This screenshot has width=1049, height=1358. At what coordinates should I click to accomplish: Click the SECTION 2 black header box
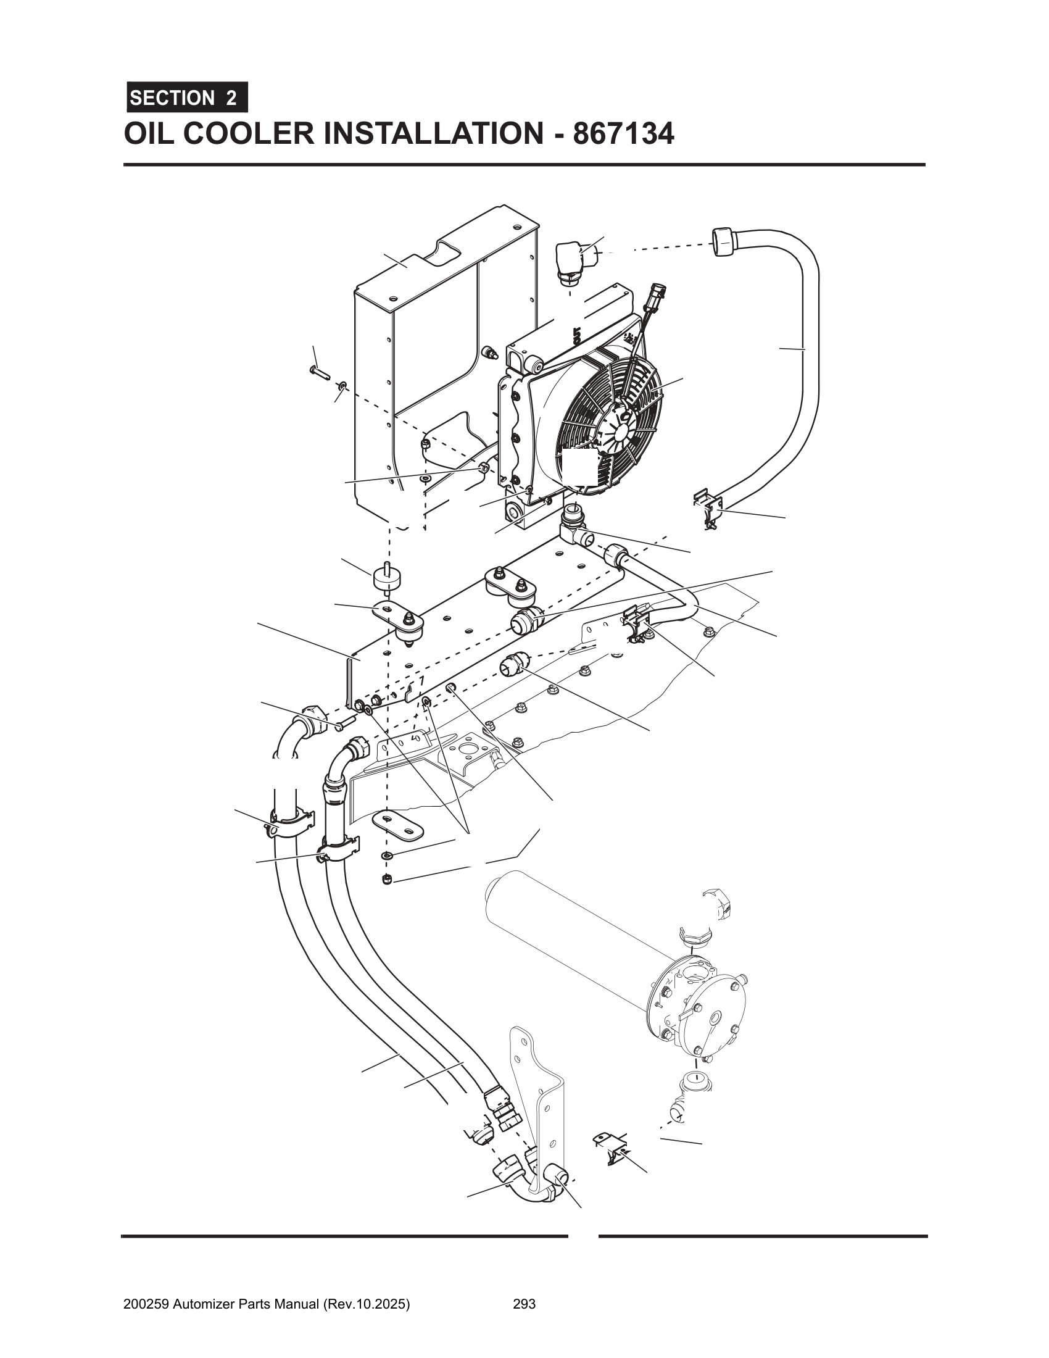click(186, 98)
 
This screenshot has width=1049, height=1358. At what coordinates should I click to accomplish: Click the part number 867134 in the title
click(623, 134)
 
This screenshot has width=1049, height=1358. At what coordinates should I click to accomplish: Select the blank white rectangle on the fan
click(582, 469)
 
